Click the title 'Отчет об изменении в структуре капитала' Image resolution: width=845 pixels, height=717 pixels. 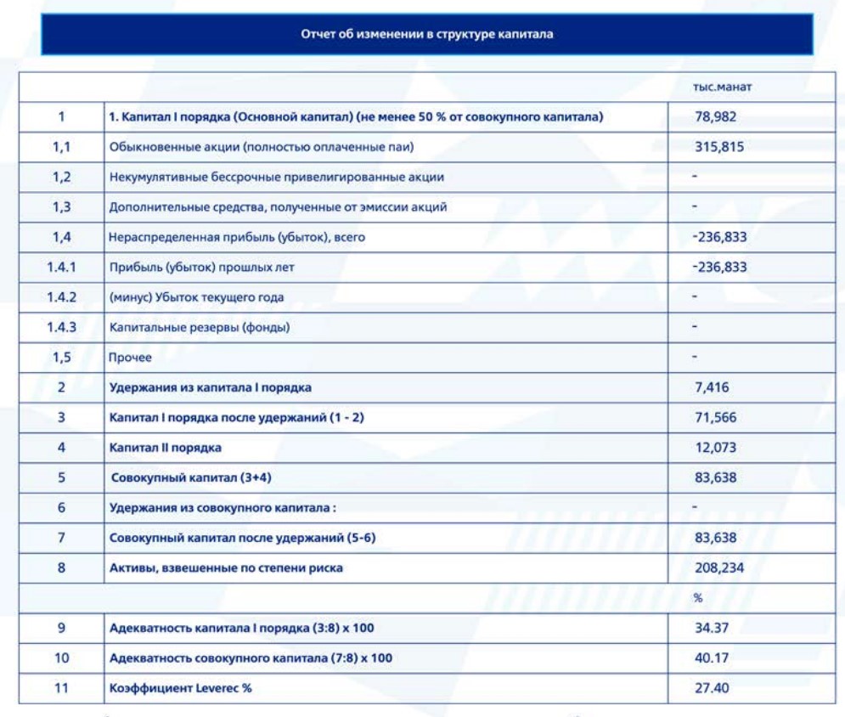[427, 35]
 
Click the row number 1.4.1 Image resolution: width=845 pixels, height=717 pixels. [62, 268]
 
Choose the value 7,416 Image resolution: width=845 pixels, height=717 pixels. [712, 388]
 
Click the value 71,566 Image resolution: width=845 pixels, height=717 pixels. [715, 418]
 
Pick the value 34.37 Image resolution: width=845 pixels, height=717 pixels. [710, 628]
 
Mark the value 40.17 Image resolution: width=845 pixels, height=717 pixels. [710, 658]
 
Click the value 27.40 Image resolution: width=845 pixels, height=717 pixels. [710, 688]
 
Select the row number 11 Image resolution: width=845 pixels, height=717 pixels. [62, 688]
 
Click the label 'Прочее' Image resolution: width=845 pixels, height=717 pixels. [130, 358]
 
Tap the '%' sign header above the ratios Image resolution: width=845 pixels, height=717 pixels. [698, 598]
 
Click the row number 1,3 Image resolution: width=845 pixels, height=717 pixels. [62, 206]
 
